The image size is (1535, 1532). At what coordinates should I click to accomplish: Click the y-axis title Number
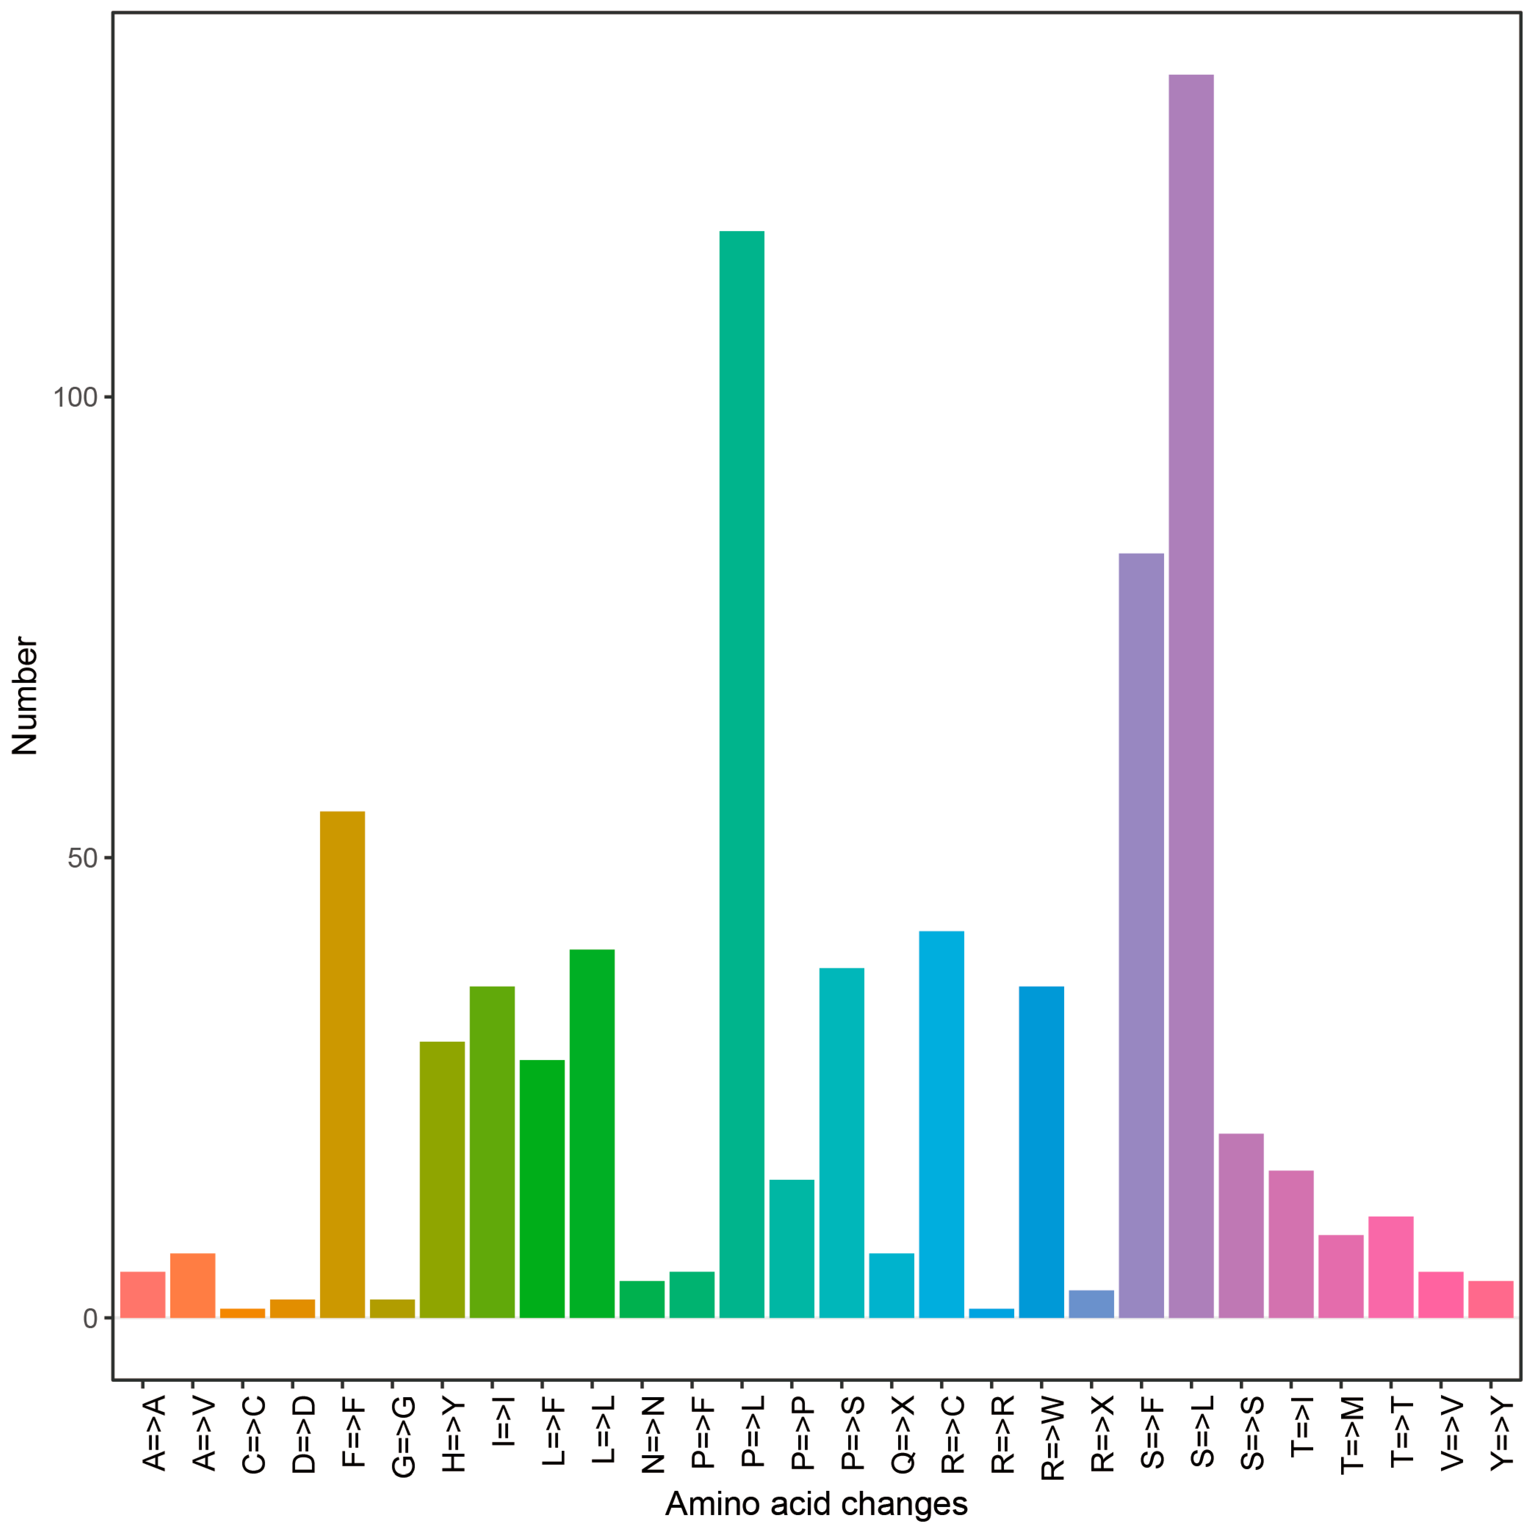click(25, 695)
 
